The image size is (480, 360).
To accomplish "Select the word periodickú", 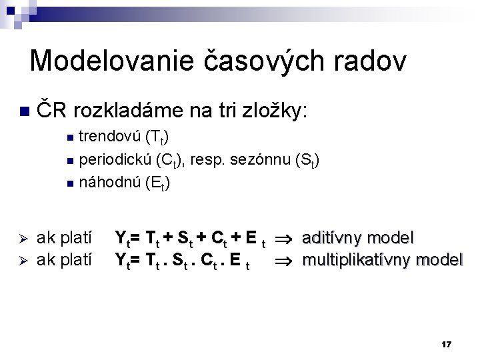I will coord(115,161).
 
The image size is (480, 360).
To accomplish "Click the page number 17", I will coord(447,344).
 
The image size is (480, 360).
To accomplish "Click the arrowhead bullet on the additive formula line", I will coord(21,238).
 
